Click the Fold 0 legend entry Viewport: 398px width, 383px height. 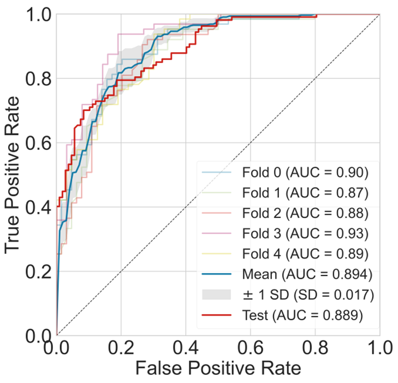pyautogui.click(x=305, y=172)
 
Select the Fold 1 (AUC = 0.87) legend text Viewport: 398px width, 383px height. pyautogui.click(x=305, y=193)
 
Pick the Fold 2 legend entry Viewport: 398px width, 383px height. pyautogui.click(x=305, y=213)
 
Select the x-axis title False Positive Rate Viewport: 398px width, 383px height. pyautogui.click(x=218, y=369)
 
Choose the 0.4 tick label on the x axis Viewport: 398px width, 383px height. pyautogui.click(x=186, y=348)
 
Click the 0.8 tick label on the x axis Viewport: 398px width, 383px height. pyautogui.click(x=315, y=348)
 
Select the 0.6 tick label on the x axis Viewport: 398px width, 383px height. pyautogui.click(x=250, y=348)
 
